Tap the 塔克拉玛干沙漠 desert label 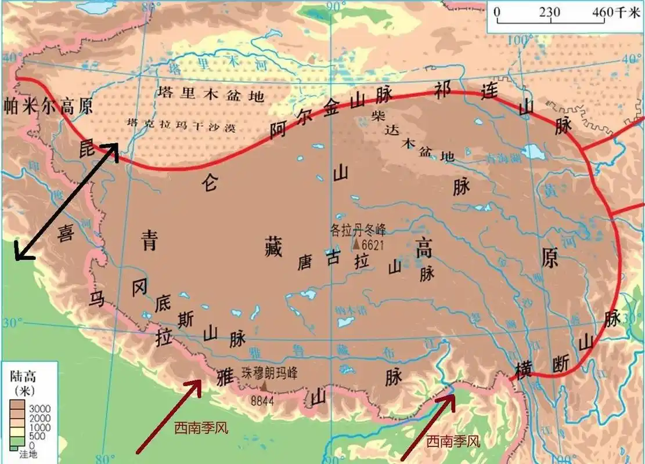[181, 125]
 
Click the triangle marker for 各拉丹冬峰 [355, 244]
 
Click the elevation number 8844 [262, 400]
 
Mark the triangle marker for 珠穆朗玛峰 [265, 385]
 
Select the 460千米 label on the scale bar [614, 11]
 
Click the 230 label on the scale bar [550, 11]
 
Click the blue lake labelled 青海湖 [533, 152]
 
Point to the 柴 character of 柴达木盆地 [379, 114]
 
